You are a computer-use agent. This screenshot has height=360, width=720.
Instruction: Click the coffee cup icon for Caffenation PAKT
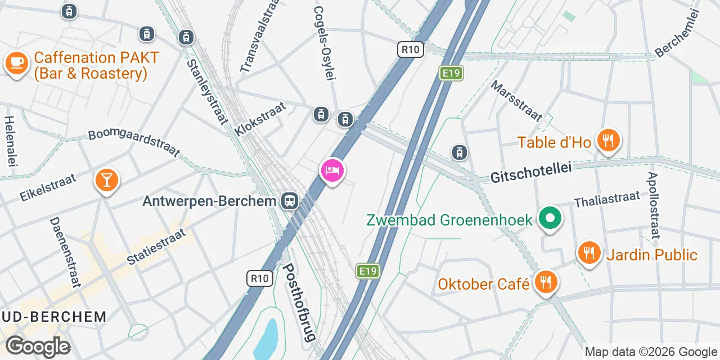[17, 62]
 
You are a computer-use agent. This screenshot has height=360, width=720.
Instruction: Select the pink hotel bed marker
[332, 170]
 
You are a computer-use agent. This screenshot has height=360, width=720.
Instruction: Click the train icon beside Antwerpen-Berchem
[290, 201]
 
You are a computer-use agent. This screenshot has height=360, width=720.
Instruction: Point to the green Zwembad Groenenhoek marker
[551, 219]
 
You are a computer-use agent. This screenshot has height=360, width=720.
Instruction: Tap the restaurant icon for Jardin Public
[589, 253]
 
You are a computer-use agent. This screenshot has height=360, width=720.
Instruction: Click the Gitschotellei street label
[530, 172]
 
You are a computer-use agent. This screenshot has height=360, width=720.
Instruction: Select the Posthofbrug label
[300, 302]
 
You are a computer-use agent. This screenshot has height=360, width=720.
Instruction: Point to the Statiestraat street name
[156, 246]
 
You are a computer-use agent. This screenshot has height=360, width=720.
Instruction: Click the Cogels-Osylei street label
[325, 43]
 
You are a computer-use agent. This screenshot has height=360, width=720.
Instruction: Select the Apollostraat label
[654, 205]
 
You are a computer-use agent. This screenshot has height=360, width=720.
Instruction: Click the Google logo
[38, 346]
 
